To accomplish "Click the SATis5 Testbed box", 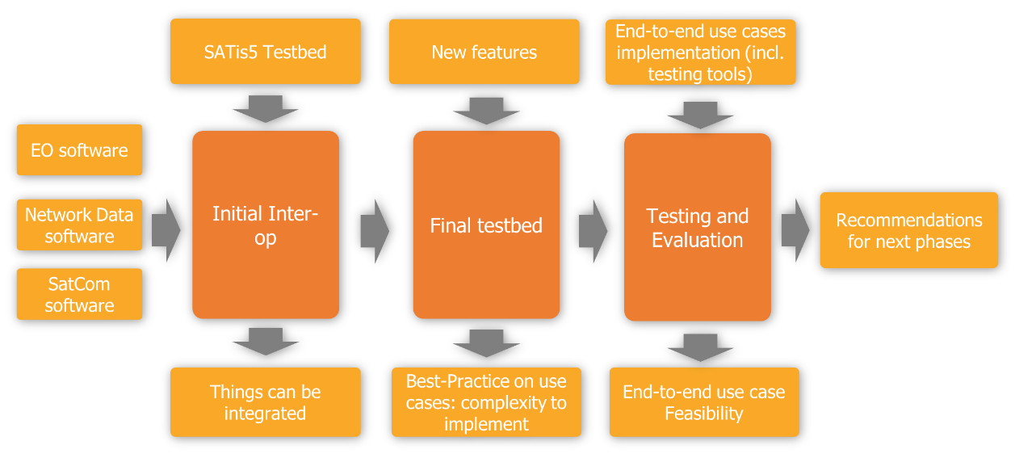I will tap(265, 52).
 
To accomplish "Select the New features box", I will tap(484, 52).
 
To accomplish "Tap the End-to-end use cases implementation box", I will tap(700, 52).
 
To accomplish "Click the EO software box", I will tap(79, 150).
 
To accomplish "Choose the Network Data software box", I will tap(79, 225).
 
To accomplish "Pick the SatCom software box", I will tap(79, 294).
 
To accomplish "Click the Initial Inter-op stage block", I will tap(265, 225).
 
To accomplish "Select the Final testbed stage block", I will tap(486, 225).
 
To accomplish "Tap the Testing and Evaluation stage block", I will tap(698, 228).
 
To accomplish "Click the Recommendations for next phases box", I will tap(908, 230).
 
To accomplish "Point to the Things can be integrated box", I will tap(265, 402).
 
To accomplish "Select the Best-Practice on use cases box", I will tap(486, 402).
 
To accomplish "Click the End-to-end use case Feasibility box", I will tap(703, 402).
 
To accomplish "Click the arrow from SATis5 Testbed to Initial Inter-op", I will tap(265, 108).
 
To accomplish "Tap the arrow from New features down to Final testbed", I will tap(486, 110).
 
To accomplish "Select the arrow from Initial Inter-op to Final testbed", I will tap(374, 231).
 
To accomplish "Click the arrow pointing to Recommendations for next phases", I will tap(795, 231).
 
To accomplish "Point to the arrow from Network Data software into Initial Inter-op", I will tap(166, 231).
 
